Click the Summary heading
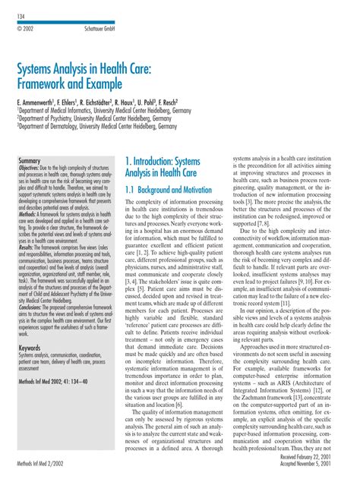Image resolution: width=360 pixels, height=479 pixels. (29, 162)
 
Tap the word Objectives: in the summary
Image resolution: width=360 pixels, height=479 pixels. (33, 169)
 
